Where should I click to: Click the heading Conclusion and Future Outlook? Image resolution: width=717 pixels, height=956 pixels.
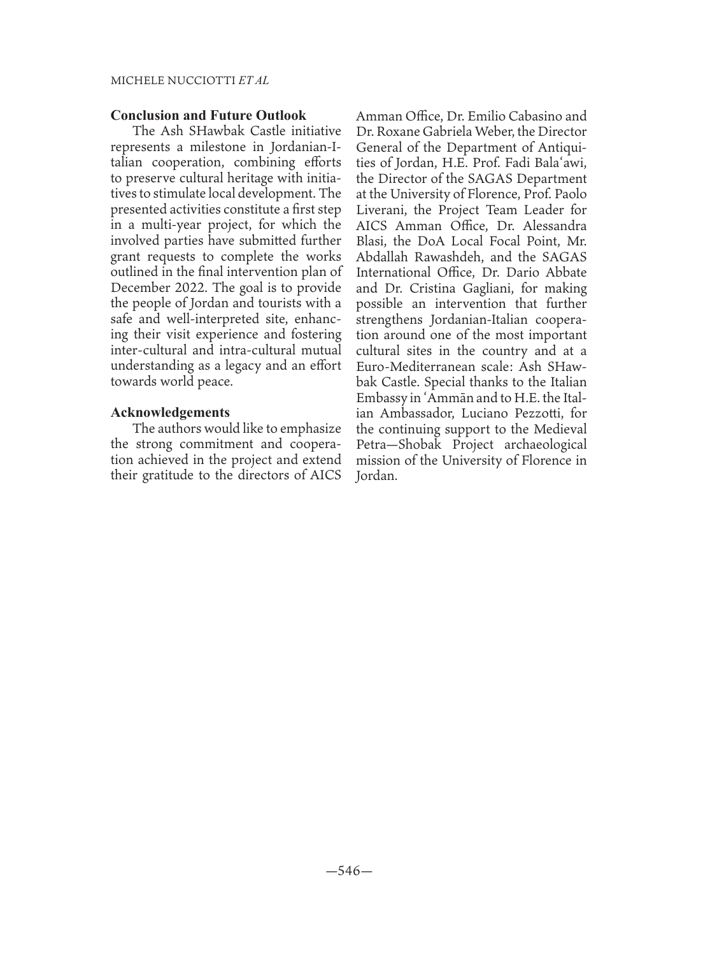208,115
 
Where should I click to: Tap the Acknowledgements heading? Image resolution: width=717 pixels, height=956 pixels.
170,412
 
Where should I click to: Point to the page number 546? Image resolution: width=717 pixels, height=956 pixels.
349,871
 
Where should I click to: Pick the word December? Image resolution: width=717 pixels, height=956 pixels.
138,287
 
